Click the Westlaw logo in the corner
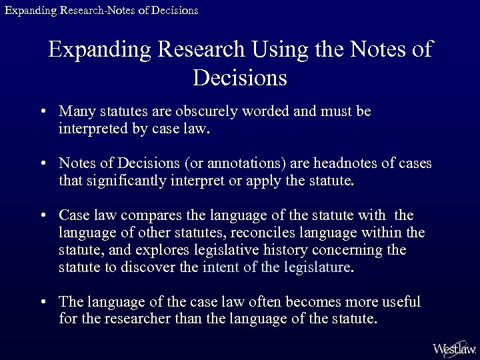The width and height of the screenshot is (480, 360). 454,347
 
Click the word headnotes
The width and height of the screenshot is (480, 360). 345,163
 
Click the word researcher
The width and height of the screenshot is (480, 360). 136,319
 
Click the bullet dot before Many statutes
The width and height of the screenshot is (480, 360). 43,112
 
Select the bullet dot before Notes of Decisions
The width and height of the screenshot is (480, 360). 43,164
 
